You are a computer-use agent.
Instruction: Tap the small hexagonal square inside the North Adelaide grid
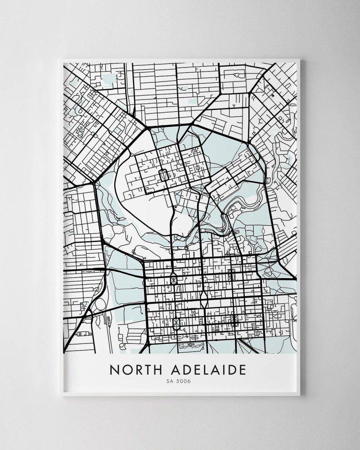point(163,174)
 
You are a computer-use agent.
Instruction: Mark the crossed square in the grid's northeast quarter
point(232,274)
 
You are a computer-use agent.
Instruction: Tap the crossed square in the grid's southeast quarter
point(234,320)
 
